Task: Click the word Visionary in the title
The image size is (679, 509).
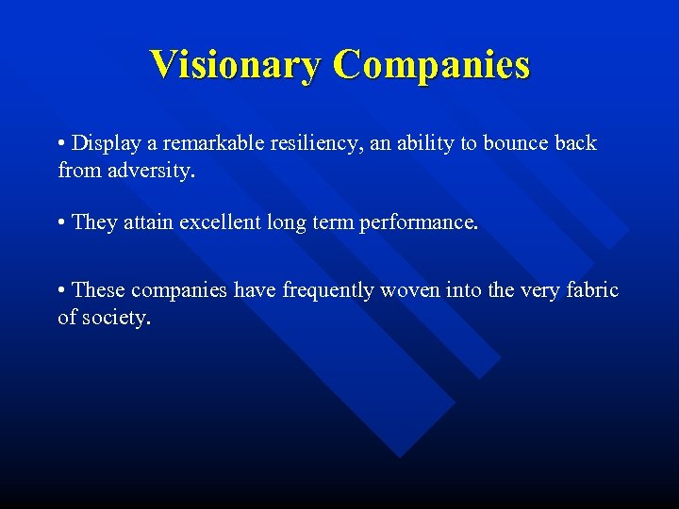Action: pos(235,65)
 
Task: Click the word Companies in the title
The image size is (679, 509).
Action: pos(431,65)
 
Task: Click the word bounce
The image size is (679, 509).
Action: pos(519,143)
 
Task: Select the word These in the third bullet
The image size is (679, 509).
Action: pos(99,290)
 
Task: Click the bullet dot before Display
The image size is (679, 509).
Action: pos(61,144)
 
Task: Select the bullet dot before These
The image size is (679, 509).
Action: pos(61,291)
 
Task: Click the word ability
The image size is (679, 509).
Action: pos(433,143)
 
